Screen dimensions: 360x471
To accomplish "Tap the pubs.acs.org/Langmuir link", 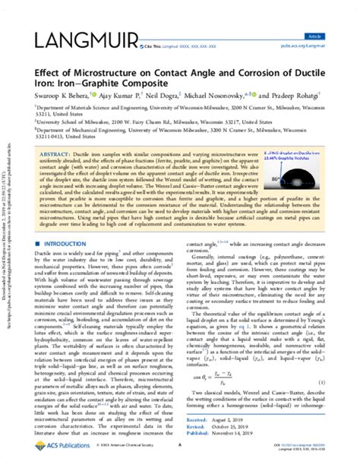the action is pos(322,45).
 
